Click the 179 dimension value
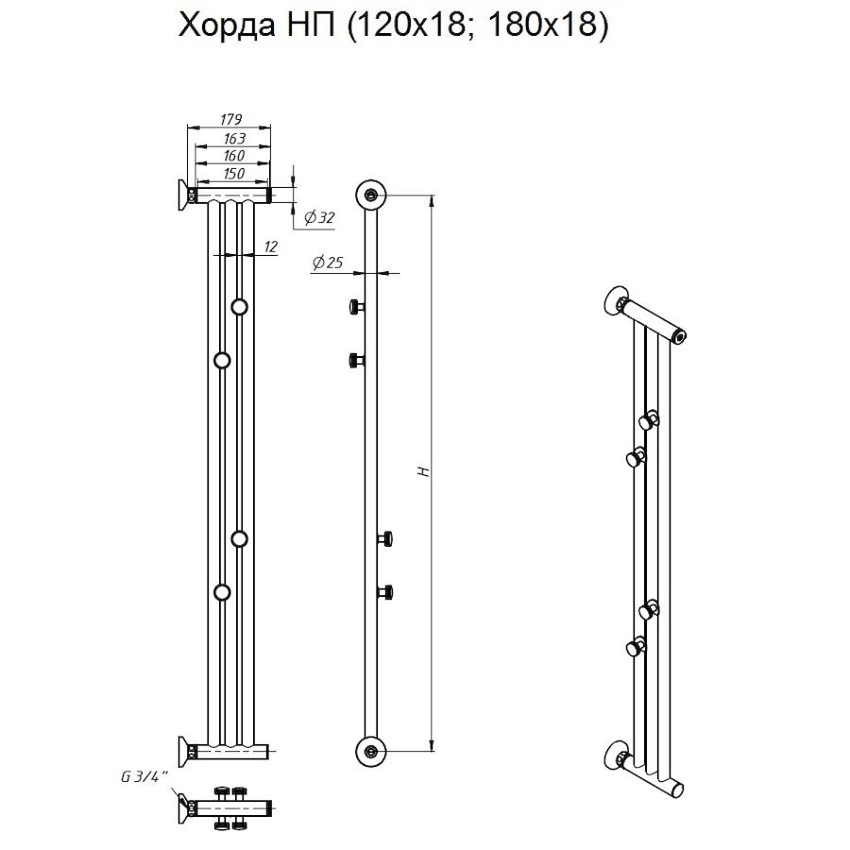231,119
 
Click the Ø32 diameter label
319,218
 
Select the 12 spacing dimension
270,246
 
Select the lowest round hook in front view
222,592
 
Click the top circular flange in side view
370,195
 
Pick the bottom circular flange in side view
370,751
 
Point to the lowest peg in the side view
385,592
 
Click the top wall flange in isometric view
617,299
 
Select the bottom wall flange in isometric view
617,756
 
